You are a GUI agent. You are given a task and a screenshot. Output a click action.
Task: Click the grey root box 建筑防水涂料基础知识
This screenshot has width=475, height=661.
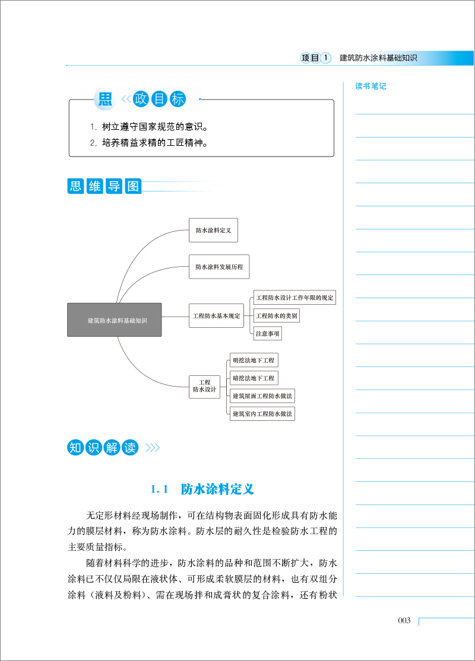click(x=115, y=320)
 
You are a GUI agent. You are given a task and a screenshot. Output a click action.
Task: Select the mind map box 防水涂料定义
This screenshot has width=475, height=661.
click(x=213, y=230)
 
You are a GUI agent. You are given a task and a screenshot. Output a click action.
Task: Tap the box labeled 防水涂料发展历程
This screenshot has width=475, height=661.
click(x=219, y=267)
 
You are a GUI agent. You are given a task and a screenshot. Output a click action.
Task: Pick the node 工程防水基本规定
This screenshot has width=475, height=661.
click(x=217, y=316)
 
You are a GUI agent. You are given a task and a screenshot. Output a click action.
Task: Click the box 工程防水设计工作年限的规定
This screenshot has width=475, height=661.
click(x=294, y=298)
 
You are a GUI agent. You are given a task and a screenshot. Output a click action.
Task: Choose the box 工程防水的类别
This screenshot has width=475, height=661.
click(x=277, y=316)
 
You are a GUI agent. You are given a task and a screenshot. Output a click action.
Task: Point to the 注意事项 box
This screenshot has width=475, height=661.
click(x=268, y=333)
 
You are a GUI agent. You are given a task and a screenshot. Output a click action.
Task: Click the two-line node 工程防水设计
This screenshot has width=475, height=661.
click(x=205, y=387)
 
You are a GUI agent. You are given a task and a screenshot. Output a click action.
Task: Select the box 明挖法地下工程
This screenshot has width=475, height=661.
click(x=254, y=360)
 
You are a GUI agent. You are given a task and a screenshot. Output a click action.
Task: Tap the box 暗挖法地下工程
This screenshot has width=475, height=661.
click(x=254, y=378)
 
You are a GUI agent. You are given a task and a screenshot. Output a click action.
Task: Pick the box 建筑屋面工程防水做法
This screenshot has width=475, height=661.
click(x=262, y=396)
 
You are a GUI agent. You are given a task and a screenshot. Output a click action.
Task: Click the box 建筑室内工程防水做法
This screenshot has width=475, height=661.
click(x=262, y=414)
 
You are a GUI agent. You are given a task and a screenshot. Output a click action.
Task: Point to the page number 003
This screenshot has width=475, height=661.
click(x=404, y=620)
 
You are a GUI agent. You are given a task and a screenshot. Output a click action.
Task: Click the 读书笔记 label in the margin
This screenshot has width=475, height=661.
click(x=370, y=86)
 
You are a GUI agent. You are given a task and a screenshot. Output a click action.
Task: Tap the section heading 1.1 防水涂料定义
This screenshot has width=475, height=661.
click(x=202, y=489)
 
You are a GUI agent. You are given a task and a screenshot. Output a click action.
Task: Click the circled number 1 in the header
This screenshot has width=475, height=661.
click(x=325, y=58)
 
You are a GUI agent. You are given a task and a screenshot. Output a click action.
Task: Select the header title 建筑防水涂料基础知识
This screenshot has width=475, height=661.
click(x=378, y=58)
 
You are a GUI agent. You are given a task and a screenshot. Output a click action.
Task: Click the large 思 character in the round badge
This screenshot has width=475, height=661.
click(x=105, y=99)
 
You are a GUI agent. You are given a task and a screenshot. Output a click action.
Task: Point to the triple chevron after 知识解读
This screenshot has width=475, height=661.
click(x=153, y=447)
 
